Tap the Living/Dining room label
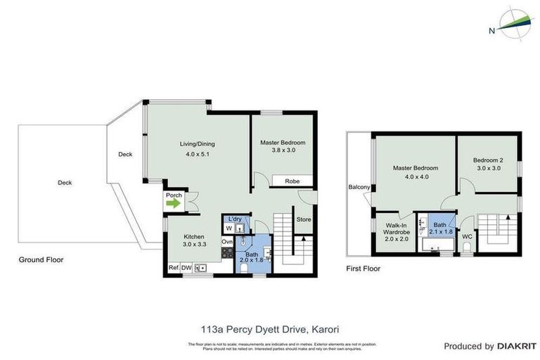click(197, 144)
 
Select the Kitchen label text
click(194, 236)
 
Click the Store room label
click(303, 219)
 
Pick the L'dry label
click(236, 219)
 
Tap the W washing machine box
click(229, 228)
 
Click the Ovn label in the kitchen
click(226, 243)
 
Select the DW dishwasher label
click(186, 267)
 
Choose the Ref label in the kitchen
click(172, 267)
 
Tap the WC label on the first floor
click(467, 237)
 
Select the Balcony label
click(359, 187)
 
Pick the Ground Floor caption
click(41, 259)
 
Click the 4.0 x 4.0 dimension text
click(415, 177)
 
